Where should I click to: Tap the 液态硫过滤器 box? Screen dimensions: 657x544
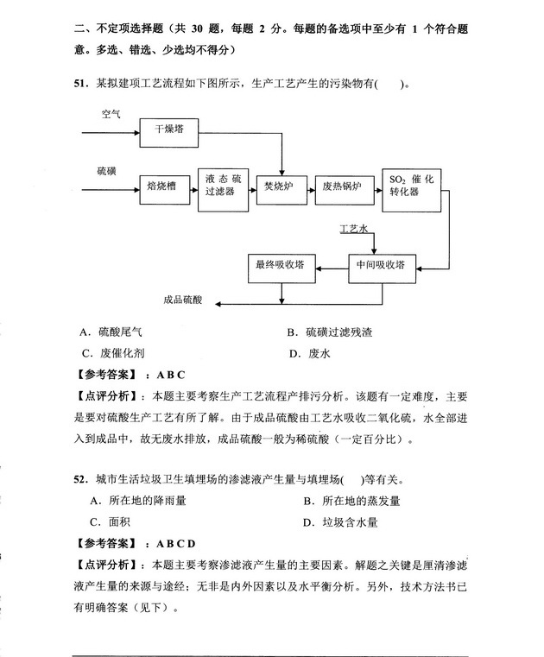(221, 186)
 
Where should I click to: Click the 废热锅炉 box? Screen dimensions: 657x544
(341, 186)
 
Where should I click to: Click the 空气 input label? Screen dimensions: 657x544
(111, 114)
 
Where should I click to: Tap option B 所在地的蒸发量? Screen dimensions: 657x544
(351, 501)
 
